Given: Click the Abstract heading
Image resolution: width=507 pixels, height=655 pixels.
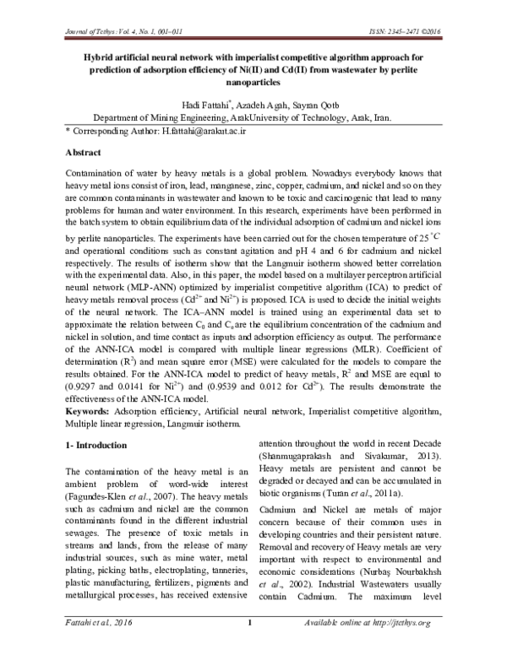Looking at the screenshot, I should [88, 154].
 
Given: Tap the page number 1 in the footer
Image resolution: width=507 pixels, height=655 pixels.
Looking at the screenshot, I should [250, 646].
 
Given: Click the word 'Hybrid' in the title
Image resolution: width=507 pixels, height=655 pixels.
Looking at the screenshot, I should [89, 57].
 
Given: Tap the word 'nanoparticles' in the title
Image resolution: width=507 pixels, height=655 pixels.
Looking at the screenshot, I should [253, 84].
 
